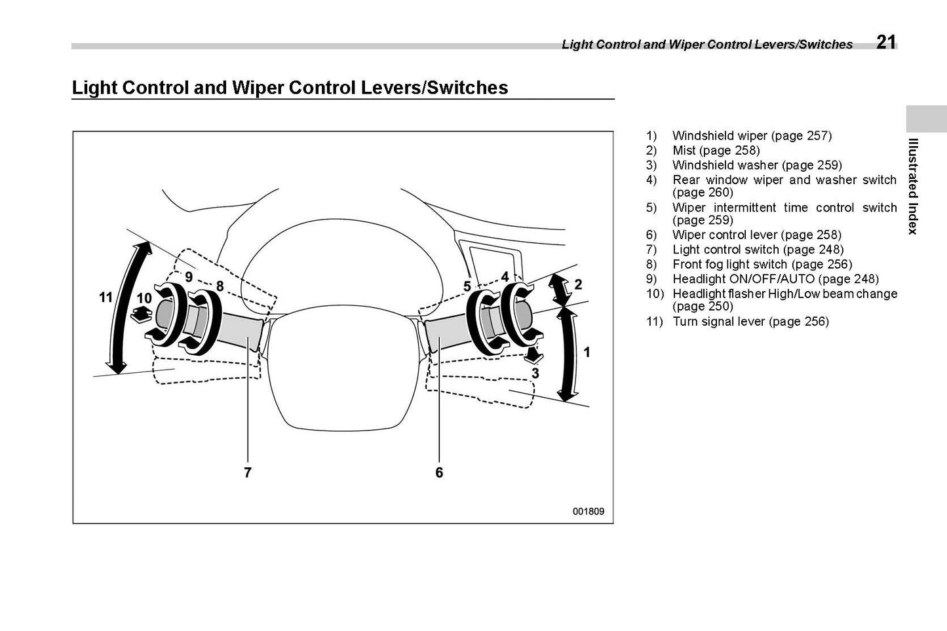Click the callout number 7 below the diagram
coord(248,472)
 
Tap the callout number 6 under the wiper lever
coord(439,472)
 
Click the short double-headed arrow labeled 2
coord(559,288)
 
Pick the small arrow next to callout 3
coord(534,354)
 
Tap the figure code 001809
coord(589,512)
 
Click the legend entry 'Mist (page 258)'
coord(716,151)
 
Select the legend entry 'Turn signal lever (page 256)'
coord(750,322)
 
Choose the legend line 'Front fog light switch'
coord(762,264)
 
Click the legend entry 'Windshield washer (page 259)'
coord(757,165)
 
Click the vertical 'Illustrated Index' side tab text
coord(912,186)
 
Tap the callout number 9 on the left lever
coord(189,277)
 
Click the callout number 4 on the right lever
coord(505,277)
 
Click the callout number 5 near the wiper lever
coord(467,286)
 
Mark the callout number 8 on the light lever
coord(220,286)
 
